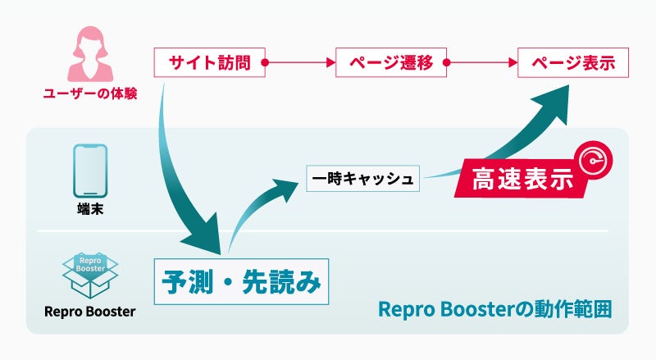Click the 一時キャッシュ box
click(363, 178)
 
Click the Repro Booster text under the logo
click(90, 312)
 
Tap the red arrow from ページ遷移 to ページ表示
click(482, 62)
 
